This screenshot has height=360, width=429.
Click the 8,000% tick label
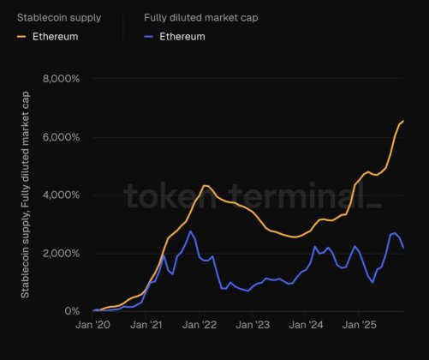(x=62, y=79)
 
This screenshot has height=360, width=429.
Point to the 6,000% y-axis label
(x=62, y=137)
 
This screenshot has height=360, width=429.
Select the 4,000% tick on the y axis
(x=62, y=195)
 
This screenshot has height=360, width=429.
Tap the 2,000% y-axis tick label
(x=62, y=254)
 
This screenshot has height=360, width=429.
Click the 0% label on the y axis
(x=72, y=312)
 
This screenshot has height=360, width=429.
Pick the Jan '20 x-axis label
(x=94, y=327)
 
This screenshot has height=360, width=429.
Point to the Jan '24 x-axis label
(x=307, y=327)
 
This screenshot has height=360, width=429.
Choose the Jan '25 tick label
(x=360, y=327)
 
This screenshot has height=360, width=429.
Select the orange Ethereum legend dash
(x=21, y=37)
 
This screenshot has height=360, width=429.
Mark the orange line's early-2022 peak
(x=205, y=185)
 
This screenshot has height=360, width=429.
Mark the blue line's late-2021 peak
(x=190, y=231)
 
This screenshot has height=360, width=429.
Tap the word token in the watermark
(x=158, y=195)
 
